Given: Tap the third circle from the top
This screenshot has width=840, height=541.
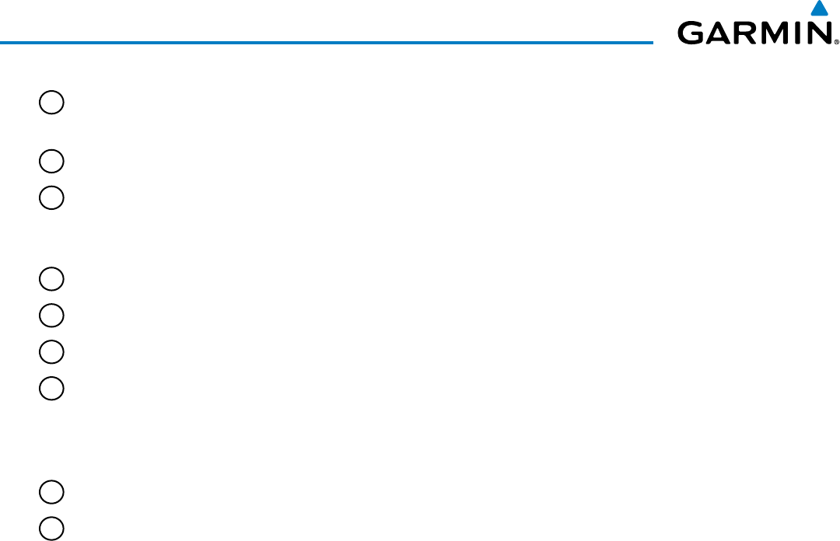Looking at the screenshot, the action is pyautogui.click(x=51, y=197).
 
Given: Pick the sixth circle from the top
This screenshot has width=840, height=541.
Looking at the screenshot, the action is pyautogui.click(x=51, y=351).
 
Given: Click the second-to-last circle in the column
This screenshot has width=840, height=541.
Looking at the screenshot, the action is pyautogui.click(x=51, y=492).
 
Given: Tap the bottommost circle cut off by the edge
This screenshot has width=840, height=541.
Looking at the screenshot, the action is pyautogui.click(x=51, y=528).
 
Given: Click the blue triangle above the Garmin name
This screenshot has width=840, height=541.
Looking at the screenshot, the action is pyautogui.click(x=817, y=9).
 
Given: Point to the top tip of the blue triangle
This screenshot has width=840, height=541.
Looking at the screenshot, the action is pyautogui.click(x=817, y=2).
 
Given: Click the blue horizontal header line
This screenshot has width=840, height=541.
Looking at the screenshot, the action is pyautogui.click(x=327, y=42).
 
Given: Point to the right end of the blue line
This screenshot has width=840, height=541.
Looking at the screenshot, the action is pyautogui.click(x=652, y=42).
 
